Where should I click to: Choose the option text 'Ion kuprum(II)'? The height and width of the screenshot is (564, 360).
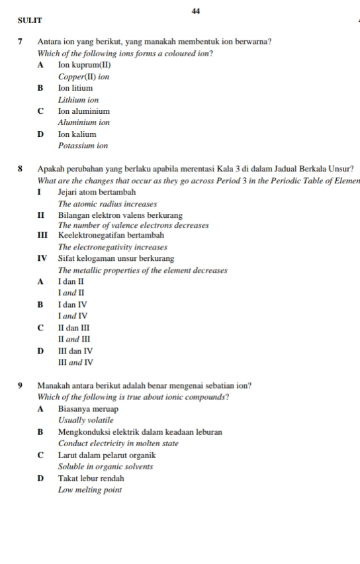84,65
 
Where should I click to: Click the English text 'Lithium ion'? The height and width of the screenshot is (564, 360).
78,100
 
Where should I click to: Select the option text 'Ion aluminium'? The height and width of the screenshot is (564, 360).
83,111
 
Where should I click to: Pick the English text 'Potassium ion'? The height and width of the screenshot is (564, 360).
83,146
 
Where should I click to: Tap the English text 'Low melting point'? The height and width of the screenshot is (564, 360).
90,489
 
